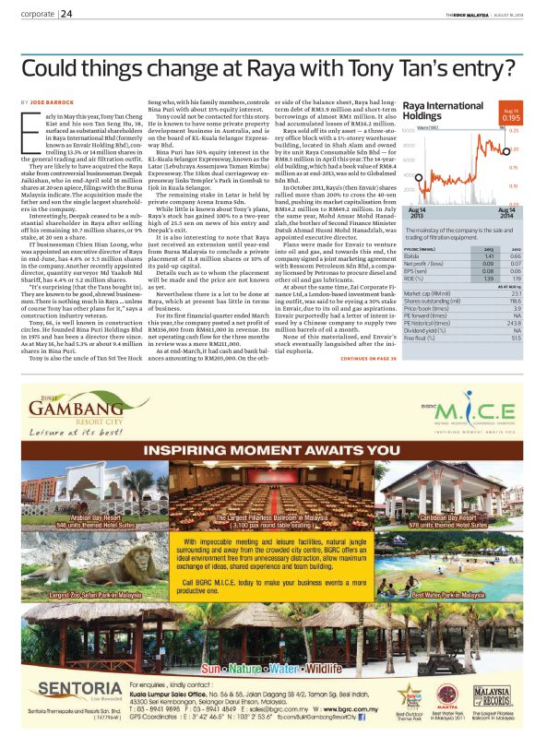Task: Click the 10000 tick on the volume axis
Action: point(409,132)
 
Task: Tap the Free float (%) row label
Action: point(421,338)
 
